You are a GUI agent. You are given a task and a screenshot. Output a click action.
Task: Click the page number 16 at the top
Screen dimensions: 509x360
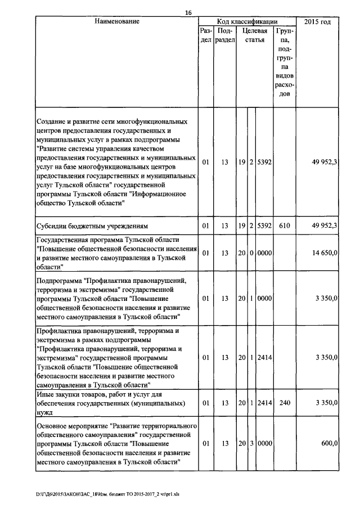(x=188, y=12)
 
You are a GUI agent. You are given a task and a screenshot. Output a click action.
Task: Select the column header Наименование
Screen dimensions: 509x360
(x=116, y=21)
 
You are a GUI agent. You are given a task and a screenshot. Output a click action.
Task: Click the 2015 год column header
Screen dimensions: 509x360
(x=317, y=21)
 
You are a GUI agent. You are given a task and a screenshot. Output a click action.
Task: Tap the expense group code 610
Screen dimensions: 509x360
(x=284, y=226)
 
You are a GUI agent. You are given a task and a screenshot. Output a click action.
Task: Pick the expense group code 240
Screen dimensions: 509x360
(x=284, y=404)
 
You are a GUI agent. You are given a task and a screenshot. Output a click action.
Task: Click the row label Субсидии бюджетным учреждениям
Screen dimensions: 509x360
(x=92, y=226)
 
